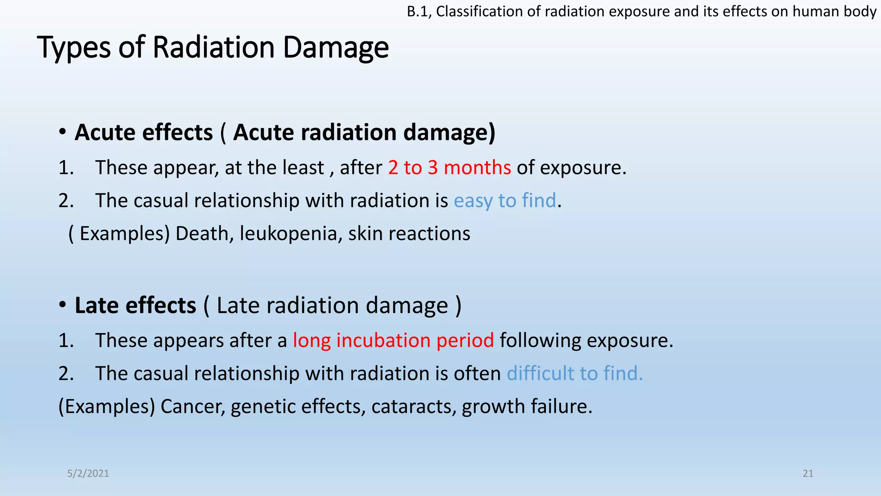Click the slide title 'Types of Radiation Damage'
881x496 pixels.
[213, 47]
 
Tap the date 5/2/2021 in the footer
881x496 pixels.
[88, 474]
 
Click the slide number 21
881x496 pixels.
[808, 474]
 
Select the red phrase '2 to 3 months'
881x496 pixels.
[449, 167]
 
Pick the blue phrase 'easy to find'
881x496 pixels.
[505, 201]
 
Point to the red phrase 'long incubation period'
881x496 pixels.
[393, 341]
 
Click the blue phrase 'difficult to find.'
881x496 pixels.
[575, 373]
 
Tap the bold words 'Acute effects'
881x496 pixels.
[144, 132]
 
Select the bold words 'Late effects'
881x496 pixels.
[136, 306]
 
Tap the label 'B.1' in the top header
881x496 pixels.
[419, 12]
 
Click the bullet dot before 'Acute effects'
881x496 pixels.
[63, 132]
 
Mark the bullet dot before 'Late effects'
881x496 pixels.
[63, 305]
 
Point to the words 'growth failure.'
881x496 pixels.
[527, 406]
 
